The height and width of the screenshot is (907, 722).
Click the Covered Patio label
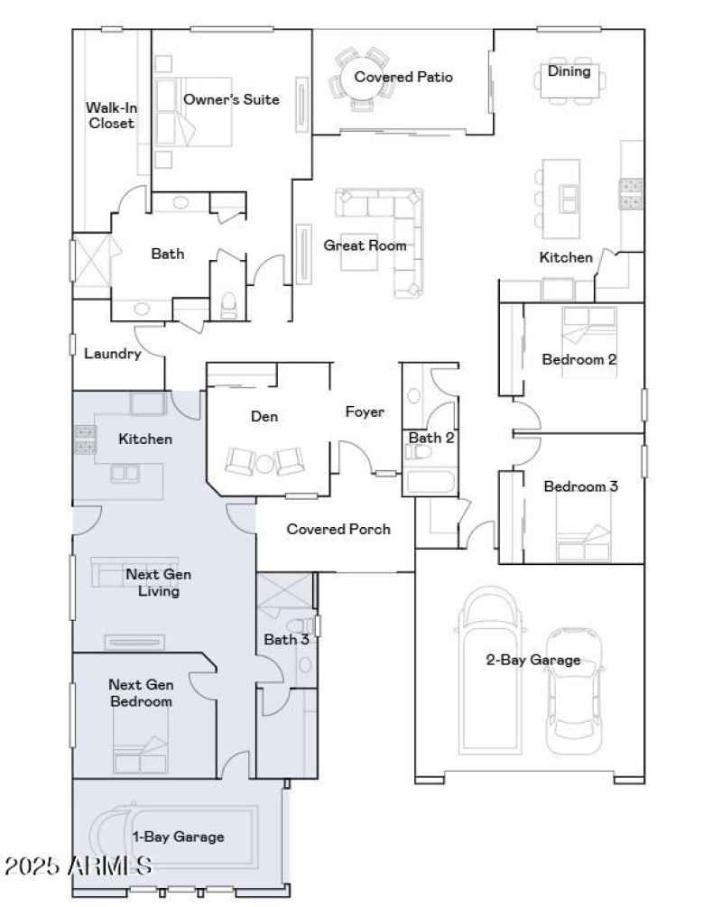pos(403,78)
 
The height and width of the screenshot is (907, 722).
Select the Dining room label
pos(569,71)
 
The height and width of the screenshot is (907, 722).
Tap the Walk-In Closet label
pos(111,115)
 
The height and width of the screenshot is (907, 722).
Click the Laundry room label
pos(113,354)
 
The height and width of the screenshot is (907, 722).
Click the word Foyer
pos(365,412)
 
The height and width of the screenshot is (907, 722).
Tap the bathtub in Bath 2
pos(431,480)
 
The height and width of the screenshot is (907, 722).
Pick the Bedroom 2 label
pos(579,359)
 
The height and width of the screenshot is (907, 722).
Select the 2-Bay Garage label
pos(532,661)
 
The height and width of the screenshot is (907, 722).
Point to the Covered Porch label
pos(338,529)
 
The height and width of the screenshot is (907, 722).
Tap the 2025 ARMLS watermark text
pos(78,867)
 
